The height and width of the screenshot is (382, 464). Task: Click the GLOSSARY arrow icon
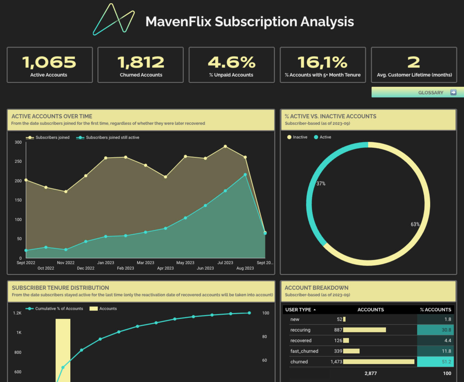coord(453,92)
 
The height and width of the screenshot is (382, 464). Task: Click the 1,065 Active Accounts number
coord(49,62)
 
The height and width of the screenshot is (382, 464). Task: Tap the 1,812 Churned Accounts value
coord(141,62)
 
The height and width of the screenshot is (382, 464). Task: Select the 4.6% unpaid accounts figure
coord(232,62)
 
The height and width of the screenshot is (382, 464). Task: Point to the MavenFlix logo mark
coord(114,20)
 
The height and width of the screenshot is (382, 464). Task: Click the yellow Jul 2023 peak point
coord(225,147)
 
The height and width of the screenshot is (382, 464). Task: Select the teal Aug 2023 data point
coord(245,175)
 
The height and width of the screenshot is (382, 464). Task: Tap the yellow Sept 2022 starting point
coord(26,180)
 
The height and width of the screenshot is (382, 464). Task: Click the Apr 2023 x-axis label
coord(165,268)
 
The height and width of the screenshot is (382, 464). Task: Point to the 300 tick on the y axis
coord(18,142)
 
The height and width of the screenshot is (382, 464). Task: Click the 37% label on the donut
coord(321,184)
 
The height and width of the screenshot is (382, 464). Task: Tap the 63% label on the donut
coord(415,225)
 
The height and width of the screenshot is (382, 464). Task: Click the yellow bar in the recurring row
coord(364,330)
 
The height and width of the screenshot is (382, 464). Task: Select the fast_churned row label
coord(304,351)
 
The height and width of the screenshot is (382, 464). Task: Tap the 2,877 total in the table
coord(370,373)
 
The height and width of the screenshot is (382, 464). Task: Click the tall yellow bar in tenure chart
coord(63,349)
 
